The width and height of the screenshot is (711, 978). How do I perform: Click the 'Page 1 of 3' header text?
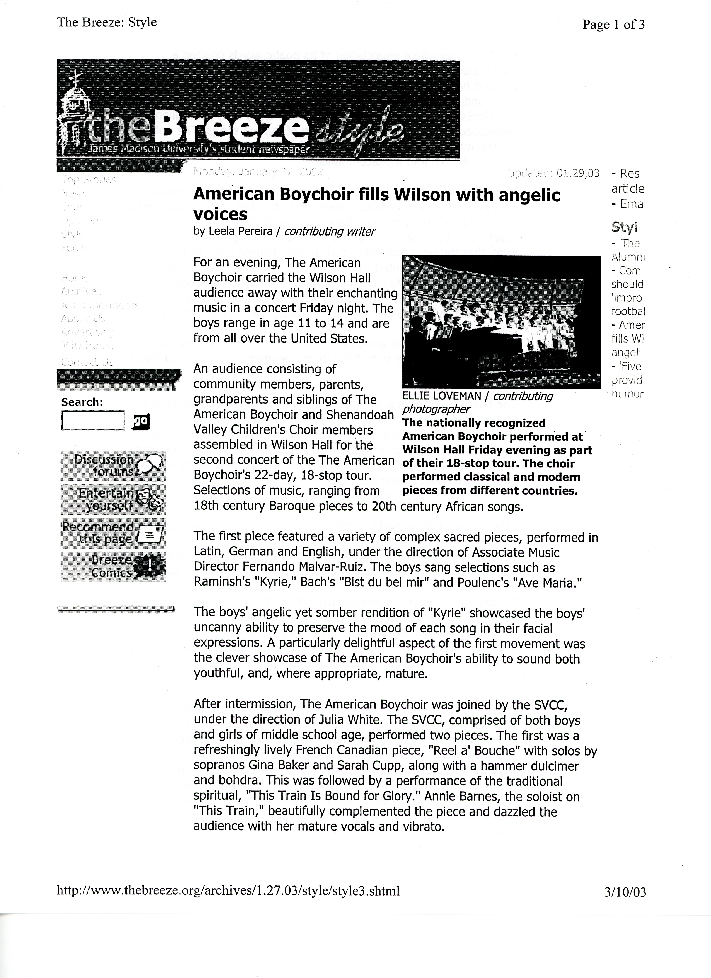[613, 25]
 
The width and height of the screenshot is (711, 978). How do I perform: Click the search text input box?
[93, 420]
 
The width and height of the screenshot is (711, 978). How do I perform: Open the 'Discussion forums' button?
[113, 466]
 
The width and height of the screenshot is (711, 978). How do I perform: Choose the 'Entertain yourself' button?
[113, 499]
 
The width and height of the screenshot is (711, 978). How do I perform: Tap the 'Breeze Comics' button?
[113, 566]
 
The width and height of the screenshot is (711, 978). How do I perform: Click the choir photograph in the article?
[501, 322]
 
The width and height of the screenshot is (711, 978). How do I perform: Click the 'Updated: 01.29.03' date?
[553, 173]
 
